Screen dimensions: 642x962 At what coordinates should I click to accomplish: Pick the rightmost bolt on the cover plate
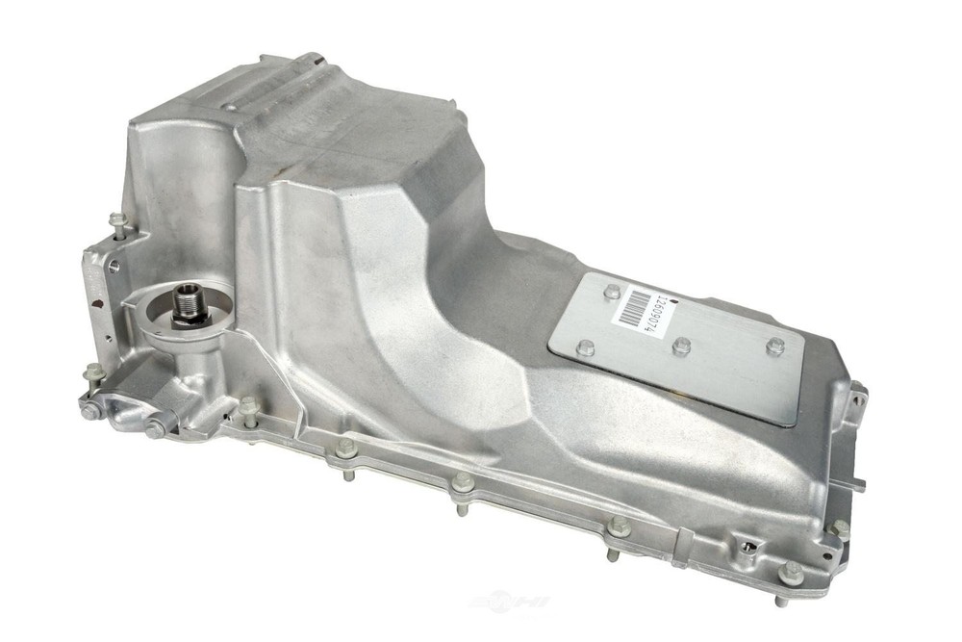point(775,346)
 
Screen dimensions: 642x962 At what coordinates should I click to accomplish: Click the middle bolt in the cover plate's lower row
point(681,346)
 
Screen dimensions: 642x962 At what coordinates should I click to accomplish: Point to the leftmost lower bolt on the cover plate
point(584,347)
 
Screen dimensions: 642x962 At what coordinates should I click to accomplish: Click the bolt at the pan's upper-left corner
point(117,221)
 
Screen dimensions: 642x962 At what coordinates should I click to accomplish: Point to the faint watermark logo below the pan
point(510,603)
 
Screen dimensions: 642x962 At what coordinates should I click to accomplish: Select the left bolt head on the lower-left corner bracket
point(89,411)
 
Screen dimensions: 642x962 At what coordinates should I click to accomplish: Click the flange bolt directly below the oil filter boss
point(249,406)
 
